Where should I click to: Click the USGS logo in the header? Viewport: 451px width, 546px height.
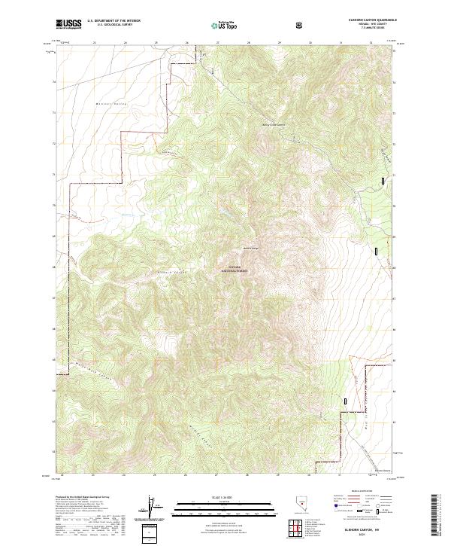click(x=68, y=24)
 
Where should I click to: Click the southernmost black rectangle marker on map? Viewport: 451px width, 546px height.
click(x=346, y=402)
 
